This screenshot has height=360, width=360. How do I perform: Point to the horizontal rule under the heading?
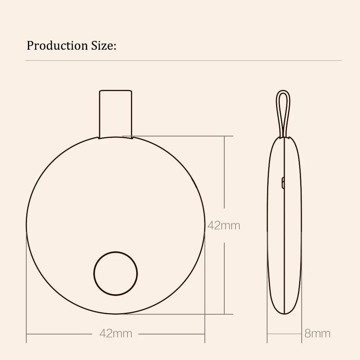[x=184, y=60]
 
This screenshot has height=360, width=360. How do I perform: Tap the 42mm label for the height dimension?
[x=224, y=226]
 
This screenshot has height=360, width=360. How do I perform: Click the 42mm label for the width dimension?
[x=116, y=333]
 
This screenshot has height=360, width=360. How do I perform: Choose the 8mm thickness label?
[x=317, y=333]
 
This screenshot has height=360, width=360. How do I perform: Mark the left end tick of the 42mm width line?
[x=27, y=334]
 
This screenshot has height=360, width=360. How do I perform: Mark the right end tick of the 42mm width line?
[x=204, y=334]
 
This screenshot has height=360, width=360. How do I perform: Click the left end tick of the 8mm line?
[x=267, y=334]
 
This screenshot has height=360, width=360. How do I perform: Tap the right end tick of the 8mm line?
[x=301, y=334]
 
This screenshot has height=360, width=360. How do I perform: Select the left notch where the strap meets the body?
[x=99, y=138]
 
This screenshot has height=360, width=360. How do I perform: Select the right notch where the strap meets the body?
[x=131, y=138]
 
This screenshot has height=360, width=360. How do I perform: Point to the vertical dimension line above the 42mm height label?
[x=225, y=173]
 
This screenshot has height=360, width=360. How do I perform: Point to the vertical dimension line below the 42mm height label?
[x=225, y=277]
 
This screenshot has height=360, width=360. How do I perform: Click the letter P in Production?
[x=30, y=46]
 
